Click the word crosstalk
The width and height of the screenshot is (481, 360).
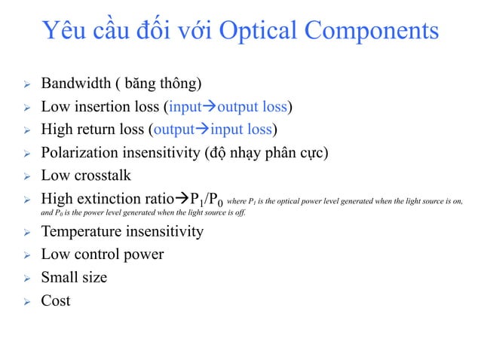[102, 175]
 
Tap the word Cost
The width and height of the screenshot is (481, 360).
[56, 301]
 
